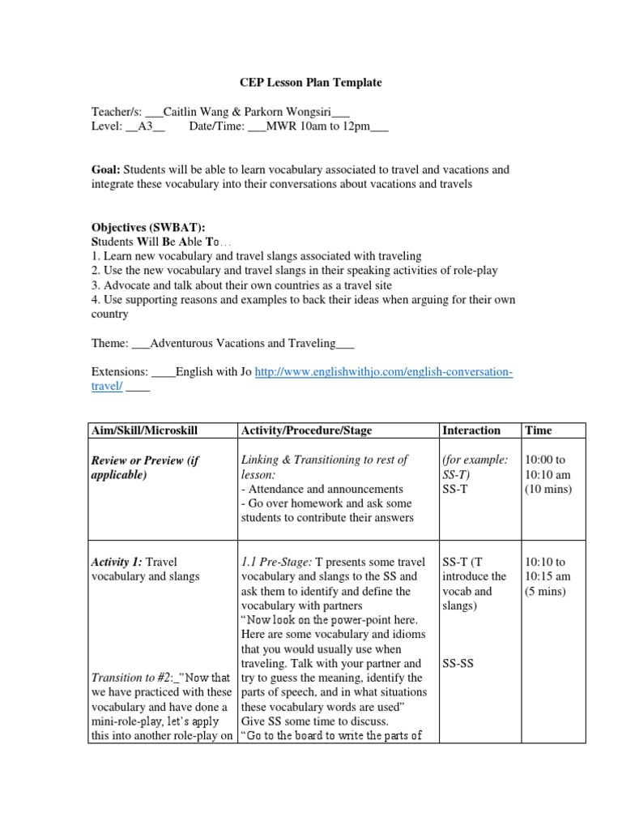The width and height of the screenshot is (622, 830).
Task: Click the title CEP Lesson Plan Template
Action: pyautogui.click(x=311, y=83)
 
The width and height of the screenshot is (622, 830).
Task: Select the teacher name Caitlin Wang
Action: pyautogui.click(x=200, y=113)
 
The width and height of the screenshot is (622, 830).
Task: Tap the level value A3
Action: pyautogui.click(x=146, y=127)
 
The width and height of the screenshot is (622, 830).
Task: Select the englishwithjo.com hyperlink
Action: pyautogui.click(x=383, y=372)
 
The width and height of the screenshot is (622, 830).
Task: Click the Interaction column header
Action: pyautogui.click(x=471, y=430)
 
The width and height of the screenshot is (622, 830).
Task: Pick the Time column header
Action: pyautogui.click(x=539, y=430)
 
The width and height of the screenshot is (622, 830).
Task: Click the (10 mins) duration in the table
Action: pyautogui.click(x=548, y=489)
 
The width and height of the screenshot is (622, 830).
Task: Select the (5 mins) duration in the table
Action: pyautogui.click(x=546, y=591)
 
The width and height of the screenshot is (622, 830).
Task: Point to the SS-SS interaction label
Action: pyautogui.click(x=458, y=663)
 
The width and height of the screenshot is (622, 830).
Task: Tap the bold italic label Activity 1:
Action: pyautogui.click(x=117, y=562)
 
